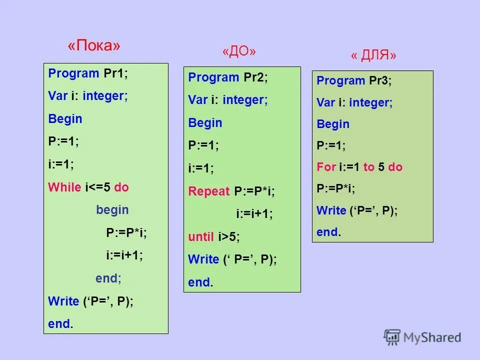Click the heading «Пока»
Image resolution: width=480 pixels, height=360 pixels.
(x=94, y=45)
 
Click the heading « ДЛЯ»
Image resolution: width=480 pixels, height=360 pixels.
(x=373, y=55)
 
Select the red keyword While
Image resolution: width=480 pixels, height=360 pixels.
(x=64, y=187)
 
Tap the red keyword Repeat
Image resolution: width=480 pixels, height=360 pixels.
(x=208, y=191)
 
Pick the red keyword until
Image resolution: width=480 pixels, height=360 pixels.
(x=201, y=236)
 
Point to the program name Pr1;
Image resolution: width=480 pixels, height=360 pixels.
(x=116, y=73)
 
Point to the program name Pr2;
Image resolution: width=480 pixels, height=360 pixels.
(x=256, y=77)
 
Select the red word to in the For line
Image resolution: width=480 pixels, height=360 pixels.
(x=369, y=167)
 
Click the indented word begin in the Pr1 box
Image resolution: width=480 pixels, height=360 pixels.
(x=112, y=210)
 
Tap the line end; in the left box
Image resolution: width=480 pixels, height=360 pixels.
(x=108, y=278)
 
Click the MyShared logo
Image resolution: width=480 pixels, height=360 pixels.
(x=422, y=337)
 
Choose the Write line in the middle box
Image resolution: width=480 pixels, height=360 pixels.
(x=232, y=259)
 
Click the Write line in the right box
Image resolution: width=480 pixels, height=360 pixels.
(x=357, y=210)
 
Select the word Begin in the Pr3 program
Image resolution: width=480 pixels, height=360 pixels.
(x=333, y=124)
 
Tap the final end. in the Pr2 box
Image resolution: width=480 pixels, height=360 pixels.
(x=200, y=282)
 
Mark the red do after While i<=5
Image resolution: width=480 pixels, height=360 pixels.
(x=121, y=187)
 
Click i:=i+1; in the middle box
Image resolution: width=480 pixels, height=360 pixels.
(x=254, y=214)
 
